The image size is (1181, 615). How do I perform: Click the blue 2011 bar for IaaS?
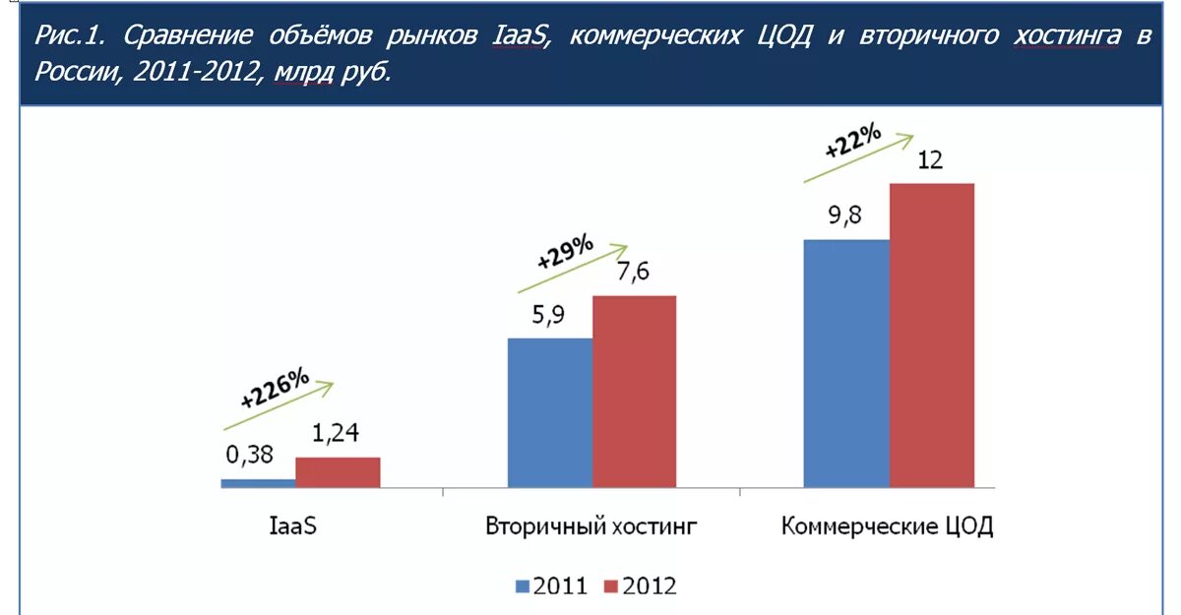(258, 482)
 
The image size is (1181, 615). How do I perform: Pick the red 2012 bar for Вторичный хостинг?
(634, 391)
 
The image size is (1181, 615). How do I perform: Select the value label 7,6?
(634, 273)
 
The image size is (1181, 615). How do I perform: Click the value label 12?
(930, 160)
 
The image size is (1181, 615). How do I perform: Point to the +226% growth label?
(275, 388)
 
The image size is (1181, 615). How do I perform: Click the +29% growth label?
(566, 252)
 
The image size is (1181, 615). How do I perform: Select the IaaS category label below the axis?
(292, 525)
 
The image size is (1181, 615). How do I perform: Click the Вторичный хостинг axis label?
(591, 525)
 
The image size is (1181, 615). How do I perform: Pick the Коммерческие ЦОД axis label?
(887, 525)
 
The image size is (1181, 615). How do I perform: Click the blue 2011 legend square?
(522, 586)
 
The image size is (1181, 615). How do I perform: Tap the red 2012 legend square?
(609, 586)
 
